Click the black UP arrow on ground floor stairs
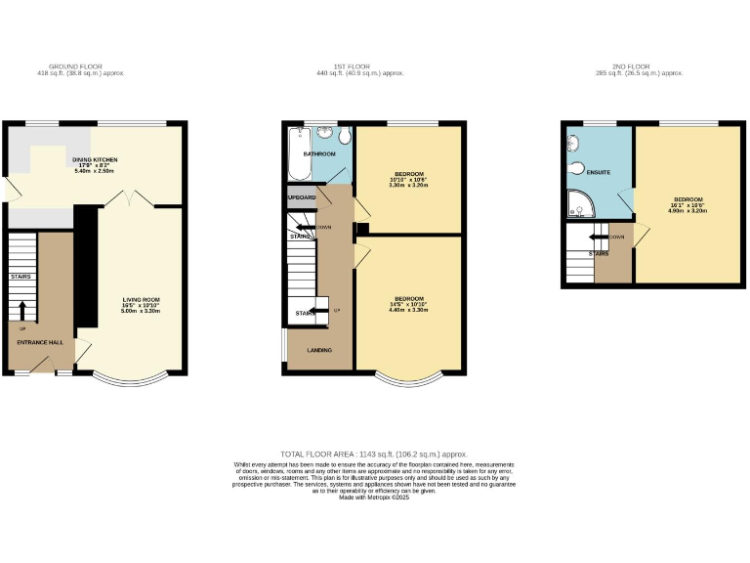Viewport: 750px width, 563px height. [22, 309]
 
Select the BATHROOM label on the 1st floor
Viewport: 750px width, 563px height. [319, 154]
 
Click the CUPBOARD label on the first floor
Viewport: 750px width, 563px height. [302, 197]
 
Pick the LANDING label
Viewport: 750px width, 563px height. [318, 350]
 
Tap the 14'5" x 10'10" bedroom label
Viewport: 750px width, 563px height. [408, 303]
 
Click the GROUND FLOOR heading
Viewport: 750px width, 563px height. [80, 67]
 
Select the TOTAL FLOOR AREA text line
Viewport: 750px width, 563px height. [374, 455]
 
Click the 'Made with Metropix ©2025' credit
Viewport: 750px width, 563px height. [374, 498]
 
